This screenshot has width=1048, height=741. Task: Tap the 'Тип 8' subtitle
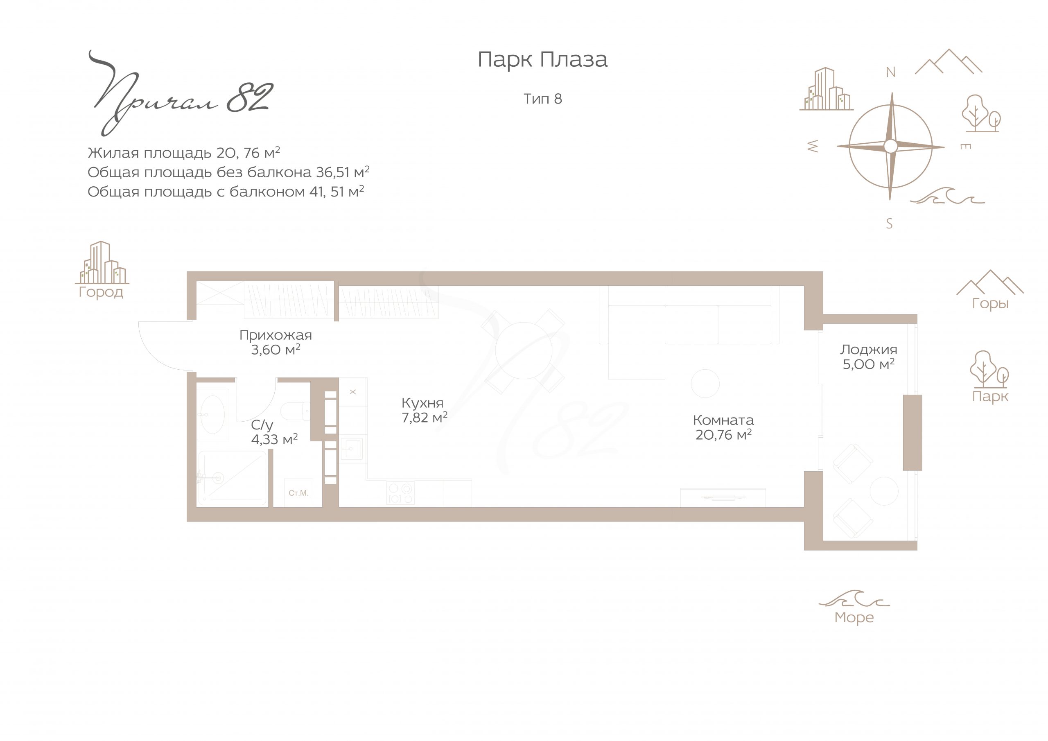[x=543, y=99]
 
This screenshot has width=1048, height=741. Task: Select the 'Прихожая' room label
[x=276, y=336]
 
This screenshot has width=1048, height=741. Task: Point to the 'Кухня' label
[x=422, y=403]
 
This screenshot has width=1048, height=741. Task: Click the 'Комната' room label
[x=723, y=420]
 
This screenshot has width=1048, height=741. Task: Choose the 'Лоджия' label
[x=869, y=350]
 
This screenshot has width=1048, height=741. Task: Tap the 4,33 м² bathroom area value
[x=274, y=439]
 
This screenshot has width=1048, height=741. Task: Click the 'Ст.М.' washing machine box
[x=298, y=493]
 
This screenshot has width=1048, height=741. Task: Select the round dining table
[x=524, y=350]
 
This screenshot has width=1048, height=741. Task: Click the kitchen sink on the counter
[x=352, y=448]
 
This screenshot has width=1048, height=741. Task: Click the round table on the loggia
[x=884, y=491]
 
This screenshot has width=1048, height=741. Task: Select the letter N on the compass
[x=890, y=72]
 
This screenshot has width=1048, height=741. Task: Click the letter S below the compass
[x=889, y=224]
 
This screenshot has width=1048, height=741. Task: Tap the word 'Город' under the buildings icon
[x=101, y=292]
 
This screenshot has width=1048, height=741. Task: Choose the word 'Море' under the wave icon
[x=854, y=618]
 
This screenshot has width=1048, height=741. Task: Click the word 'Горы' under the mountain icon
[x=990, y=304]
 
